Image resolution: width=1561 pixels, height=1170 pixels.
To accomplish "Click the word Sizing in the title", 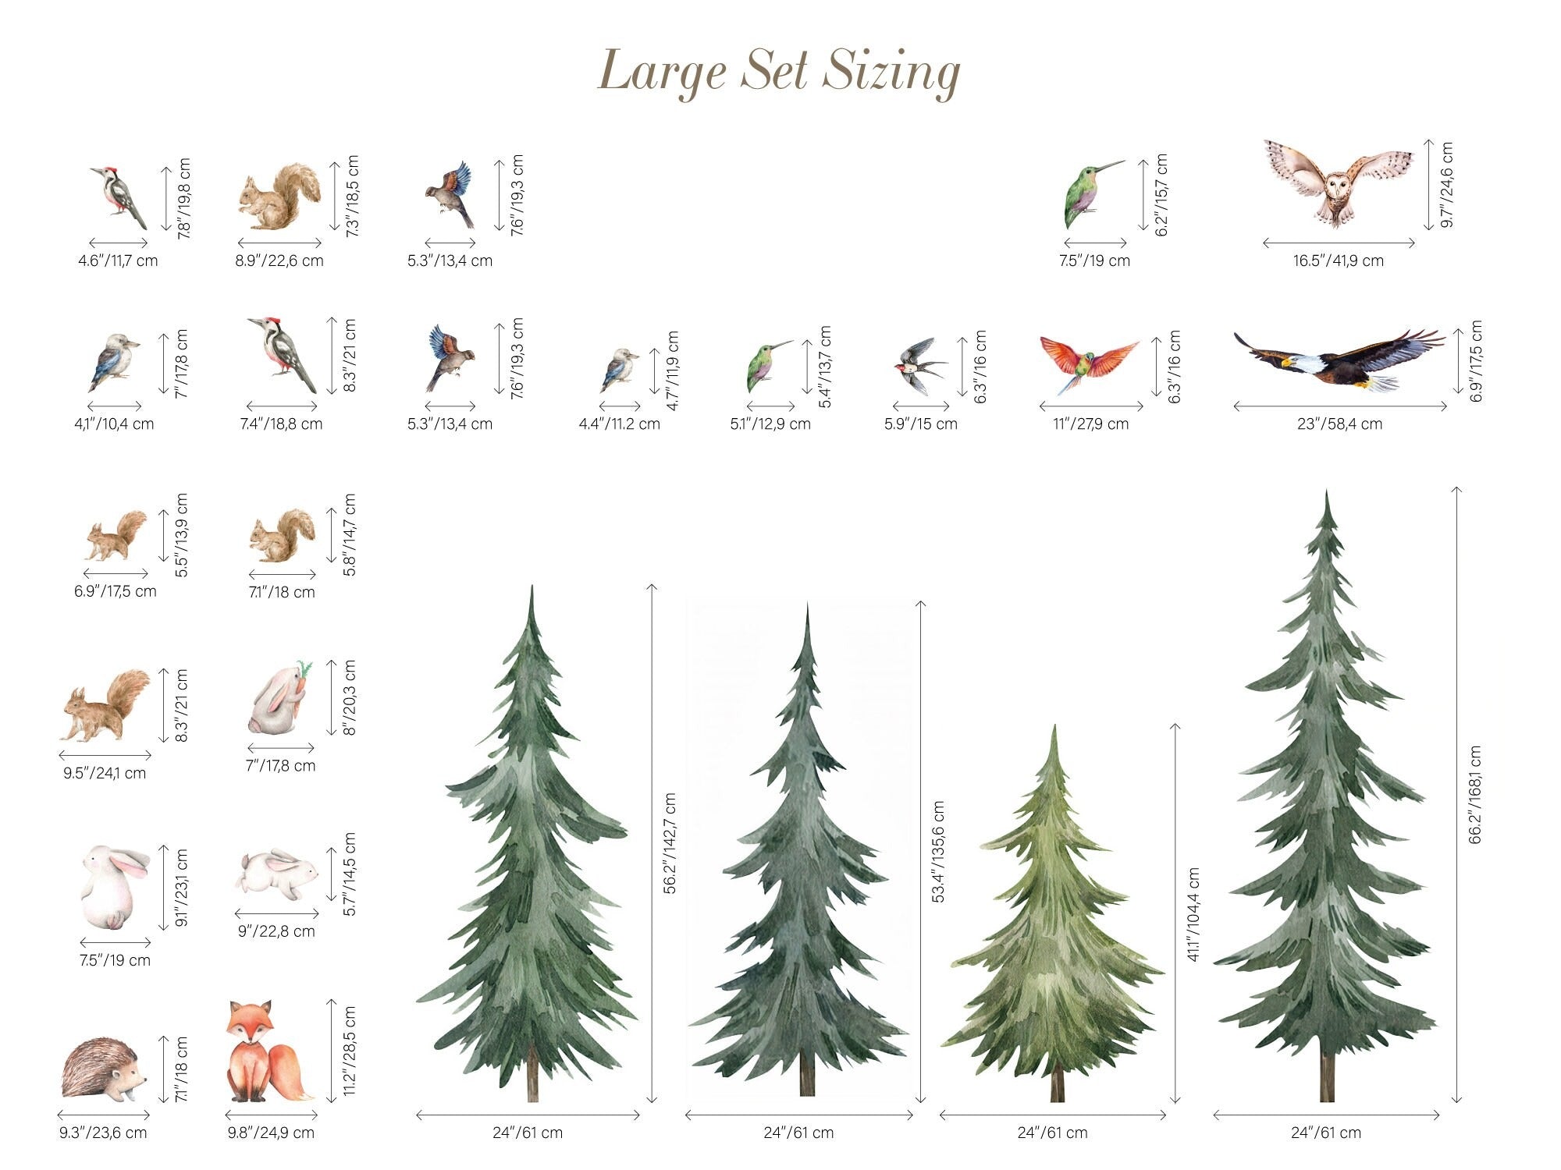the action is pyautogui.click(x=891, y=73).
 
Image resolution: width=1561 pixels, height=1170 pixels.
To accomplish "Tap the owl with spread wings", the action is pyautogui.click(x=1339, y=183).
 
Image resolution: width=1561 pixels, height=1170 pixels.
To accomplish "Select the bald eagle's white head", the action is pyautogui.click(x=1296, y=363).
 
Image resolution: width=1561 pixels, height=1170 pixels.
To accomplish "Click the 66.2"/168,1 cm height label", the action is pyautogui.click(x=1474, y=795).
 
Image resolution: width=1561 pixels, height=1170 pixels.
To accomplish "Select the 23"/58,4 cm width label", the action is pyautogui.click(x=1339, y=424).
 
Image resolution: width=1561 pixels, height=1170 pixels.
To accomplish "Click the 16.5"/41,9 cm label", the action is pyautogui.click(x=1338, y=261).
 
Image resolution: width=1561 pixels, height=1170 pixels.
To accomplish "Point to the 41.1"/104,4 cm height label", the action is pyautogui.click(x=1193, y=914).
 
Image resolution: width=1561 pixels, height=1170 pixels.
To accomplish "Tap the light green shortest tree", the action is pyautogui.click(x=1053, y=920).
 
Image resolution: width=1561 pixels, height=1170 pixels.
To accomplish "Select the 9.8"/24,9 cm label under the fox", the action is pyautogui.click(x=271, y=1133).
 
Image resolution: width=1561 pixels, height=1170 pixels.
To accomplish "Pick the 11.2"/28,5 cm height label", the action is pyautogui.click(x=349, y=1051).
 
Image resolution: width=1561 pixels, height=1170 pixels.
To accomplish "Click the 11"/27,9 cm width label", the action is pyautogui.click(x=1090, y=424).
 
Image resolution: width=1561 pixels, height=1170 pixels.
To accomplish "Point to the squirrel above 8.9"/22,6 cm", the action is pyautogui.click(x=279, y=197).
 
